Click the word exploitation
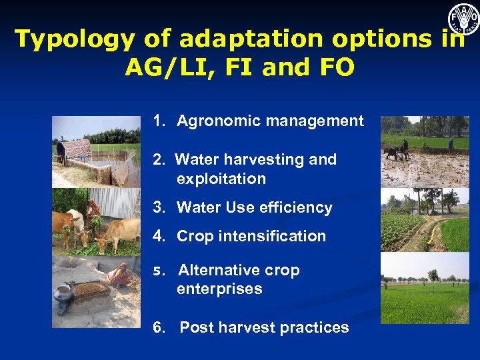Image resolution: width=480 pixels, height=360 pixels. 221,179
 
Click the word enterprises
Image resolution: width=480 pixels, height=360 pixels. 219,289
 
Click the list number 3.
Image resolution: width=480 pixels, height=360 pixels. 158,207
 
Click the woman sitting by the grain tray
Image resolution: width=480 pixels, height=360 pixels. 120,275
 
